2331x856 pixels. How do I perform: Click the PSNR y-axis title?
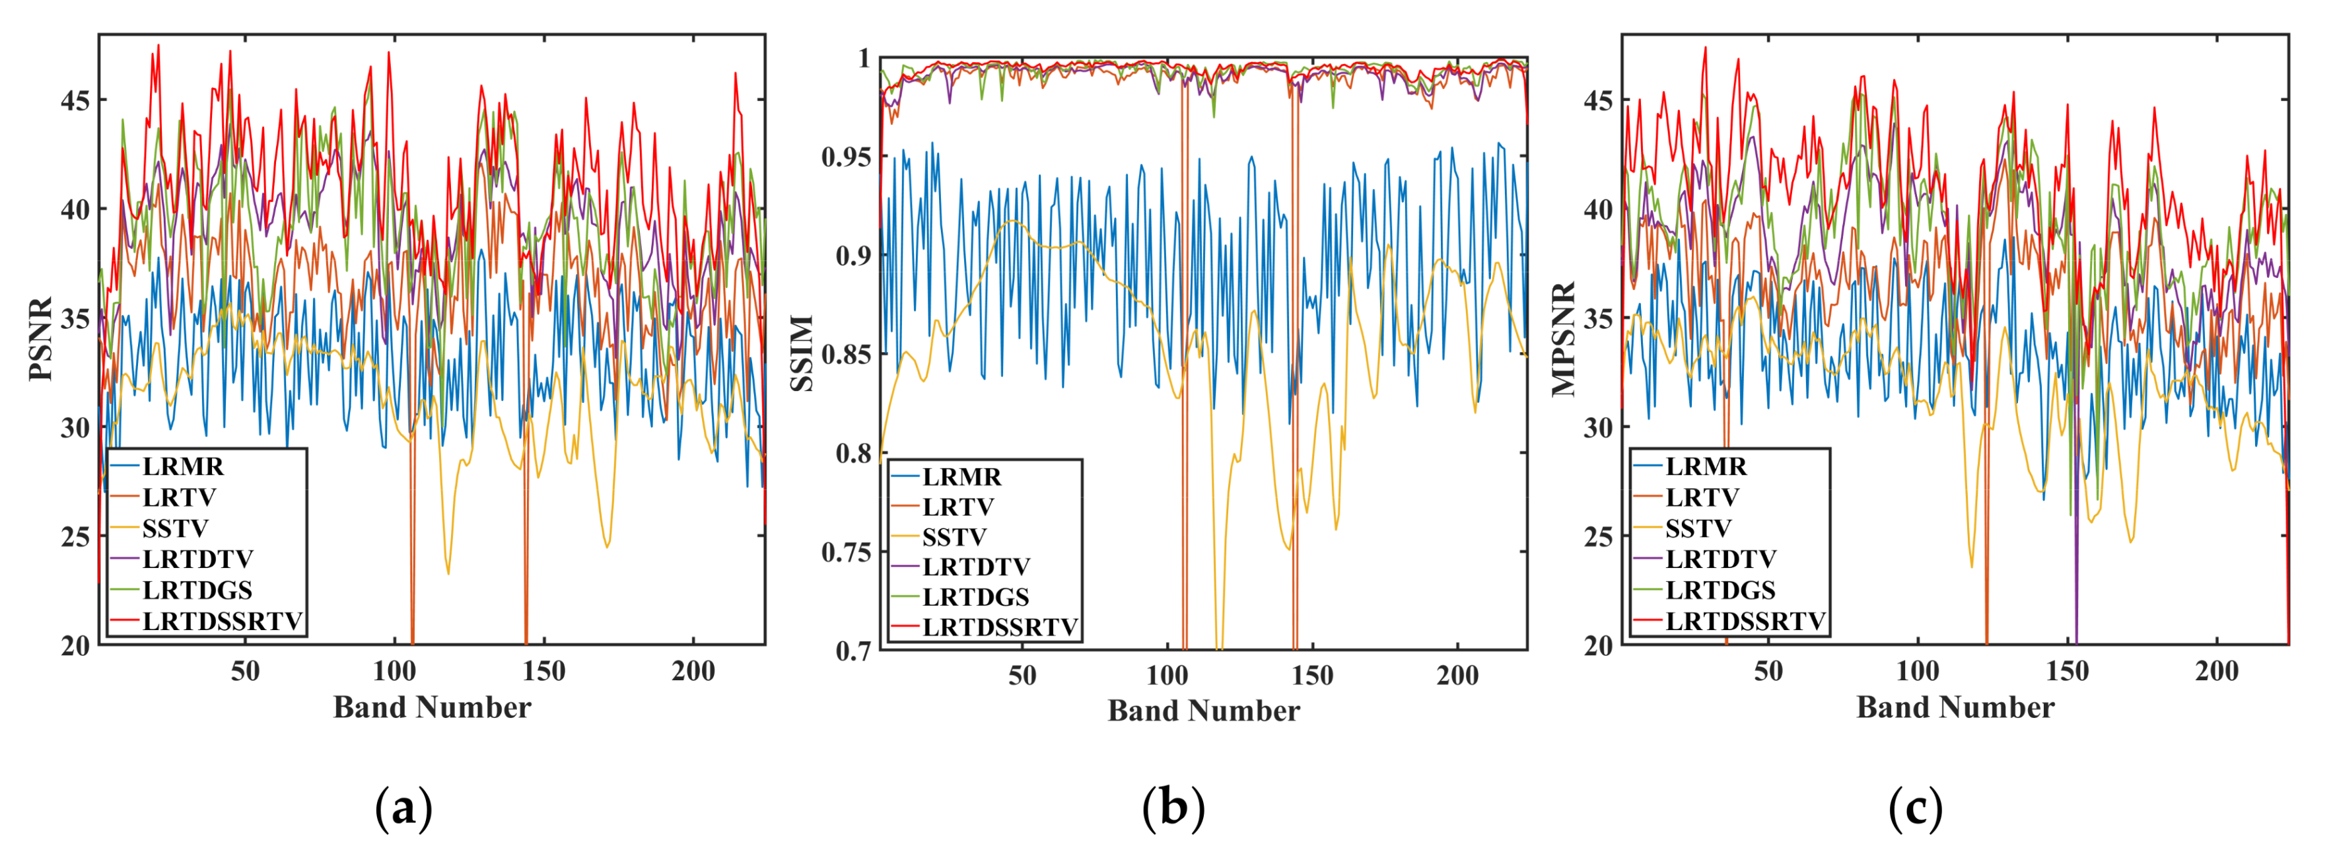[x=42, y=339]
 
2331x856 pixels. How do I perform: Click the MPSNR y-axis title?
[x=1564, y=339]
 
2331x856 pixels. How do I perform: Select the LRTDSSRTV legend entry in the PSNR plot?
[x=222, y=622]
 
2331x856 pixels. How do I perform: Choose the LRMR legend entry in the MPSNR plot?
[x=1705, y=467]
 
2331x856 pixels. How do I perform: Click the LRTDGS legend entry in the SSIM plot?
[x=975, y=597]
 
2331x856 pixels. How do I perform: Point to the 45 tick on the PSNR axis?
[x=75, y=100]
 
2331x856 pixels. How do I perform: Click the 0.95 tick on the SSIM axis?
[x=845, y=157]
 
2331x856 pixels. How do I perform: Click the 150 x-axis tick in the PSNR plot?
[x=544, y=672]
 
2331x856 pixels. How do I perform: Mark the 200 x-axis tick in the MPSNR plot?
[x=2216, y=672]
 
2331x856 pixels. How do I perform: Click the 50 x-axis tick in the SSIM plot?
[x=1022, y=675]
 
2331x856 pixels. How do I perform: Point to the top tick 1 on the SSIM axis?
[x=863, y=59]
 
